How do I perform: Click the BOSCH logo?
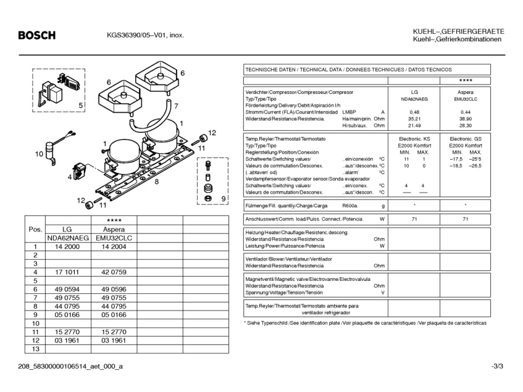(x=36, y=35)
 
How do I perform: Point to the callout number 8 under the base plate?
(x=157, y=181)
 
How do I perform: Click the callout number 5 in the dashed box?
(x=81, y=106)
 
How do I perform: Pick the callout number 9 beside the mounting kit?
(x=223, y=198)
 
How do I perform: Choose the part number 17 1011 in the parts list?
(x=67, y=272)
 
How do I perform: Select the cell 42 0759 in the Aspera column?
(x=114, y=272)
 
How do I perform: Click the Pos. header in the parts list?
(x=35, y=230)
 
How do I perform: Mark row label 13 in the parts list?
(x=35, y=349)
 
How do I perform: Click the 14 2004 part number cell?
(x=114, y=246)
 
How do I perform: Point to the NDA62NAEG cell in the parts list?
(x=67, y=238)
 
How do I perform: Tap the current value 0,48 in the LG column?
(x=414, y=112)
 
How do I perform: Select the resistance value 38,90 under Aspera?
(x=465, y=119)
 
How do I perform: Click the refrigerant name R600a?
(x=350, y=206)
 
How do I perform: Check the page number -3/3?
(x=497, y=367)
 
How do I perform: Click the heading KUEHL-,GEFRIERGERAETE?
(x=458, y=31)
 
